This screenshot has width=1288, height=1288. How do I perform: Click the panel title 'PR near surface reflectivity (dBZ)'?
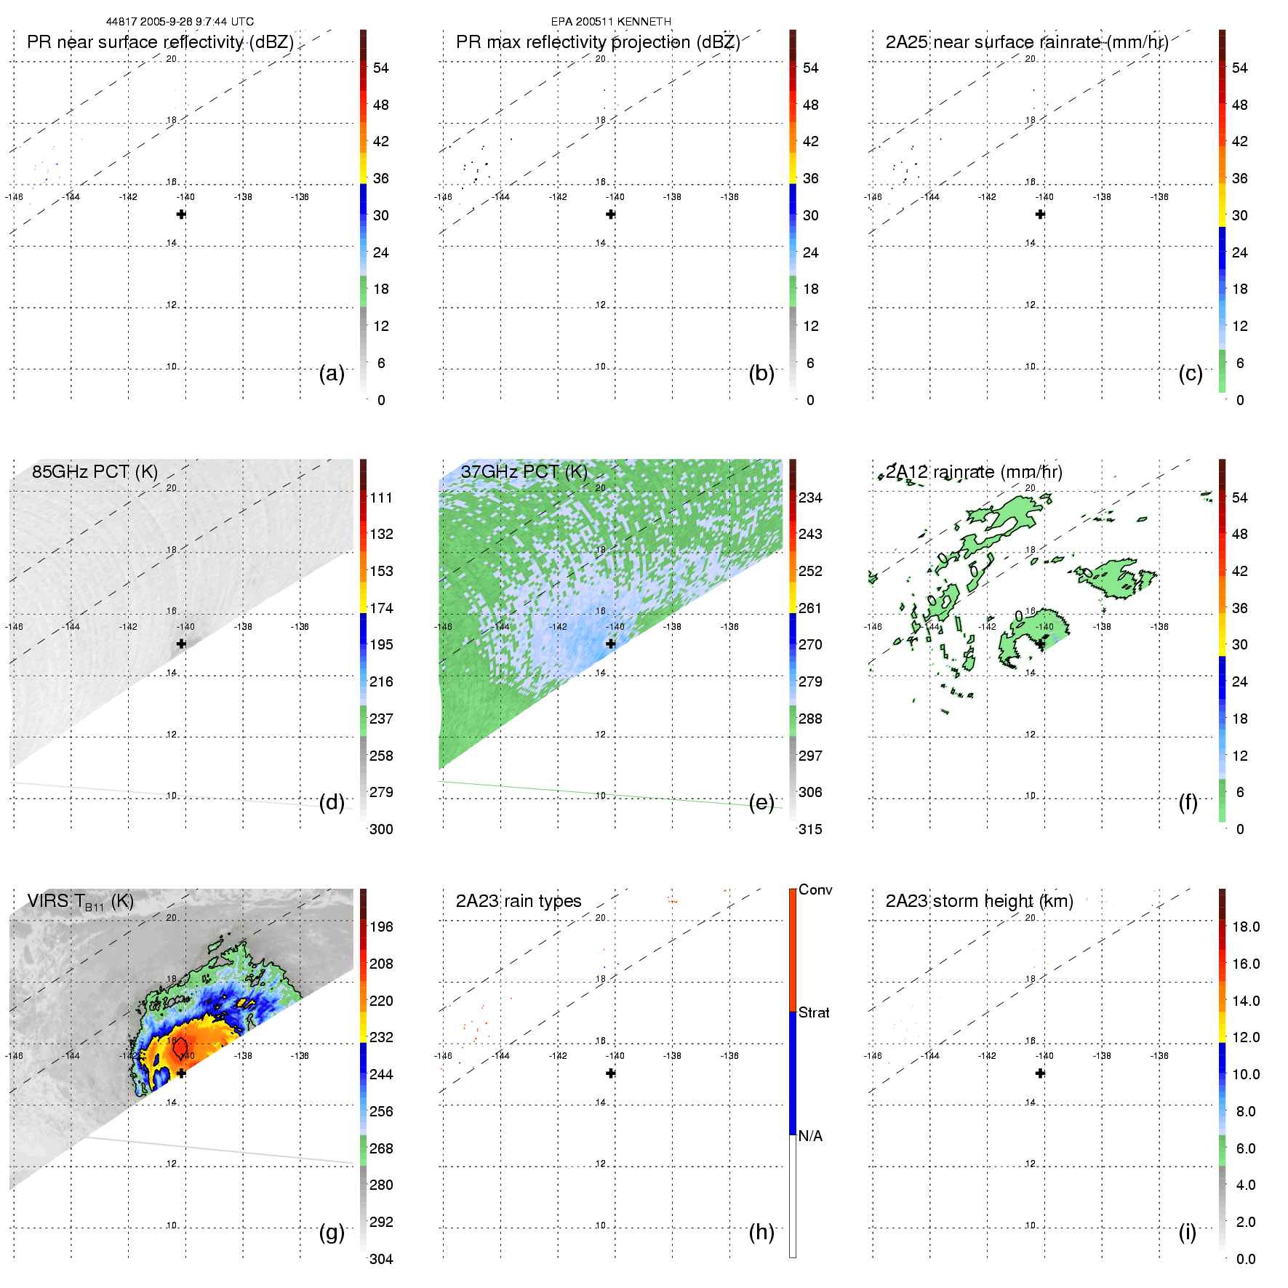(160, 42)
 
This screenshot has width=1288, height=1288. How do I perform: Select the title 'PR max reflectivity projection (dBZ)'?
(598, 42)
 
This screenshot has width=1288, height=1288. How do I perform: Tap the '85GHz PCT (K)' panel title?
(95, 472)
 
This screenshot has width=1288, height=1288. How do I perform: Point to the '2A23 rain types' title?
(519, 901)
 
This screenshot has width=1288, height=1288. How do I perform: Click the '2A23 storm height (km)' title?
(979, 901)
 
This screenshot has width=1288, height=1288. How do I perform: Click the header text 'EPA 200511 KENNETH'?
(611, 22)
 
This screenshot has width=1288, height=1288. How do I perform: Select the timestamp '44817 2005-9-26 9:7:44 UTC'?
(180, 22)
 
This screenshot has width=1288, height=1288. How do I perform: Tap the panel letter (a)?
(332, 373)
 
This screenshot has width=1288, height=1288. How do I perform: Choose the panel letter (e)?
(761, 802)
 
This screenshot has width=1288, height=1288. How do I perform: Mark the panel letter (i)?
(1187, 1232)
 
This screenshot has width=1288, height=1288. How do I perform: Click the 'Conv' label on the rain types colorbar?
(815, 889)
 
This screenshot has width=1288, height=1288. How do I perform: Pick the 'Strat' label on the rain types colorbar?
(814, 1012)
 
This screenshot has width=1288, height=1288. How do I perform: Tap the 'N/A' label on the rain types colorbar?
(810, 1136)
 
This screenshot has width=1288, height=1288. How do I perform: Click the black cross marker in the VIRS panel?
(181, 1073)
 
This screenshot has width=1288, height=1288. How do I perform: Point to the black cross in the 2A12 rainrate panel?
(1040, 644)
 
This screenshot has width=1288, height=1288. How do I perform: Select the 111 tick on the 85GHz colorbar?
(381, 497)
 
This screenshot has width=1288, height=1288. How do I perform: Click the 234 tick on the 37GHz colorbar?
(810, 497)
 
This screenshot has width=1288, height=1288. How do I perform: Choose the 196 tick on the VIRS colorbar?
(381, 927)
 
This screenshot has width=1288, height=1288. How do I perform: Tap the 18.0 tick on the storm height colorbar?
(1245, 927)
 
